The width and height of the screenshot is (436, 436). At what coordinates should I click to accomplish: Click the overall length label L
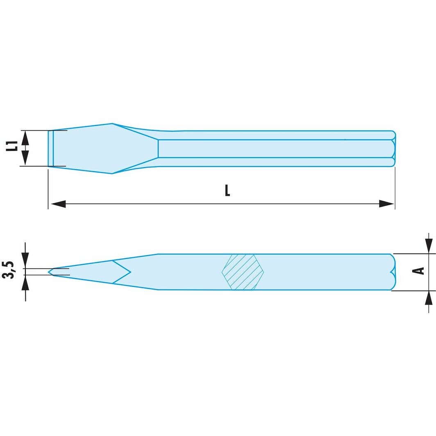point(227,191)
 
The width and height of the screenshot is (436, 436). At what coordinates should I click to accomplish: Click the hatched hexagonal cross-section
point(242,272)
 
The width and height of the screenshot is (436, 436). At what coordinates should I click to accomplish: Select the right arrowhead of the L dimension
point(387,204)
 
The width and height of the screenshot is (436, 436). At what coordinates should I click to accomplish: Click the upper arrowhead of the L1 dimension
point(25,138)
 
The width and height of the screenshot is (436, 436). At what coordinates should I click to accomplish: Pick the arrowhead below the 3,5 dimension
point(25,282)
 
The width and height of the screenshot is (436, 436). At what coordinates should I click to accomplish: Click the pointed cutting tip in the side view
point(50,272)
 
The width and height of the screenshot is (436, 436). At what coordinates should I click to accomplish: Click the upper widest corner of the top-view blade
point(112,124)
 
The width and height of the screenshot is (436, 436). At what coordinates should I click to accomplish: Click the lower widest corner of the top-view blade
point(112,173)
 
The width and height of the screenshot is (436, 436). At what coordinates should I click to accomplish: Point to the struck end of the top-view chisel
point(394,148)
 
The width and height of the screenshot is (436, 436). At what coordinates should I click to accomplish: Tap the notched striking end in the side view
point(393,272)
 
